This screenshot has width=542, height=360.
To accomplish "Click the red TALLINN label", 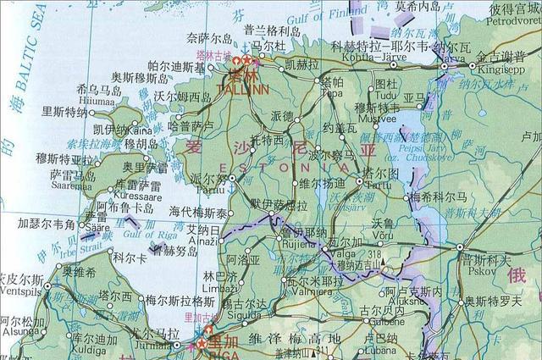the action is pyautogui.click(x=242, y=87).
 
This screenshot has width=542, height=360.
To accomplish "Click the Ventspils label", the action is pyautogui.click(x=18, y=289).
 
